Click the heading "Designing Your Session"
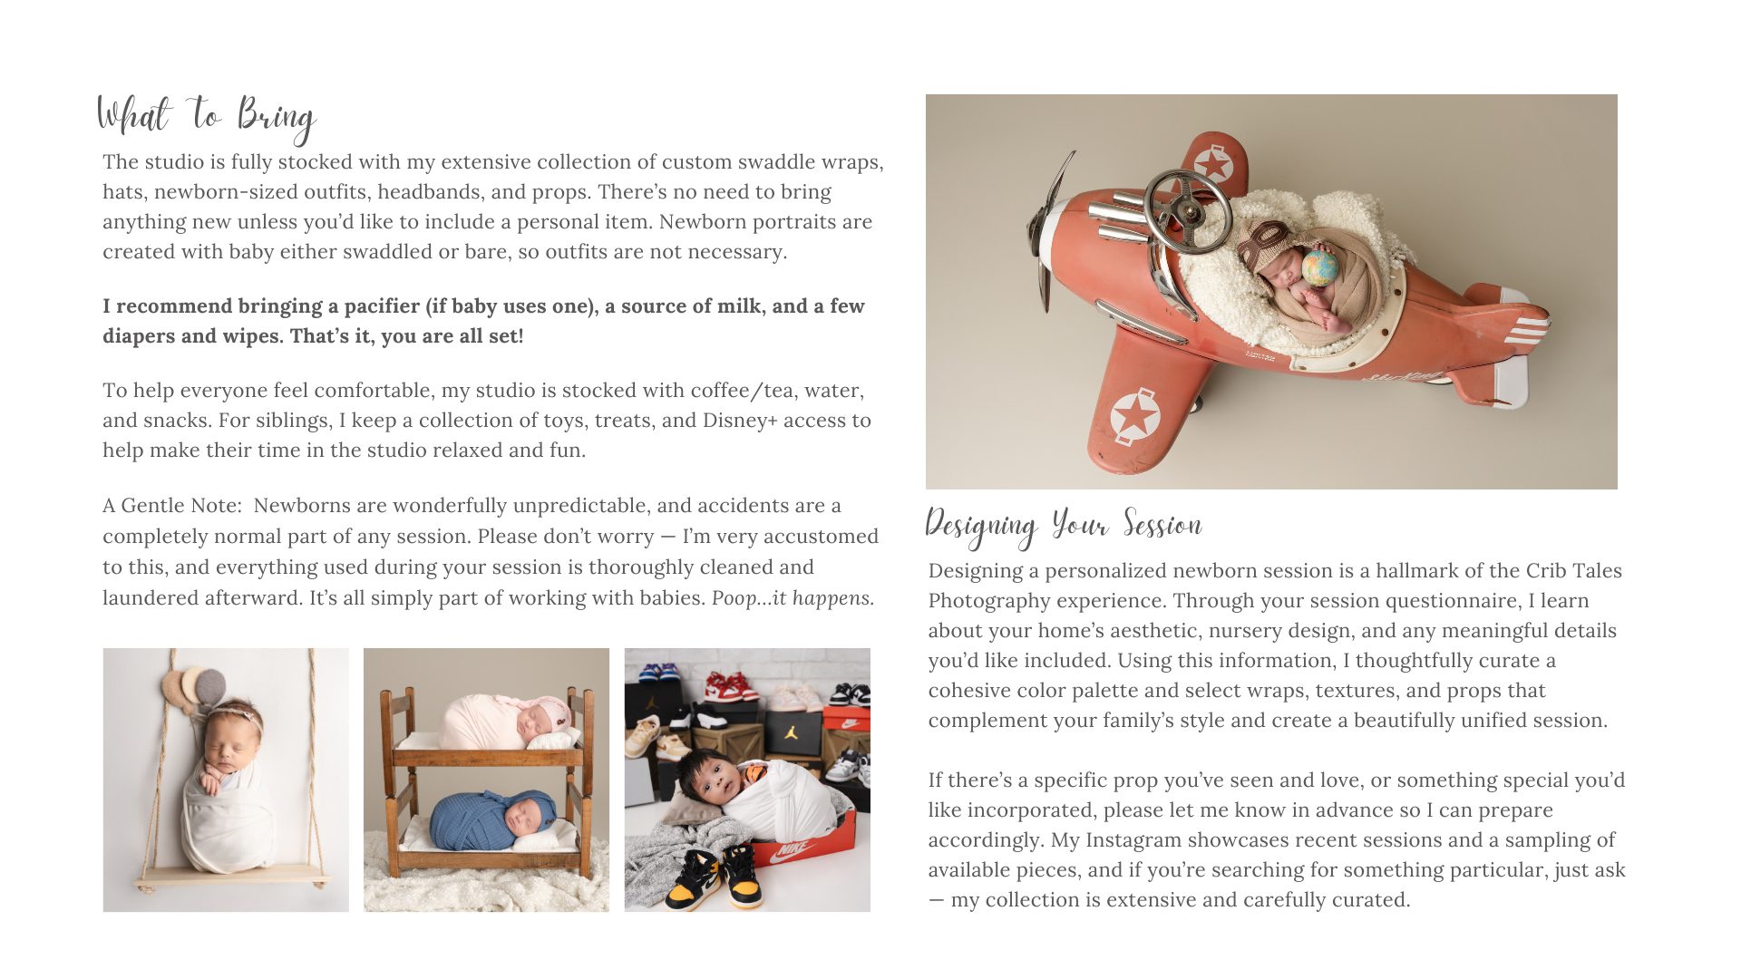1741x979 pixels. click(x=1063, y=526)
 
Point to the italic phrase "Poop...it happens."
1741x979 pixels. click(x=793, y=598)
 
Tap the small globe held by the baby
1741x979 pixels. click(x=1319, y=268)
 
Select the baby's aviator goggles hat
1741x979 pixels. click(x=1269, y=242)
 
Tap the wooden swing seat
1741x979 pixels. click(x=231, y=877)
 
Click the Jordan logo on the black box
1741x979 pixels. click(x=791, y=731)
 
